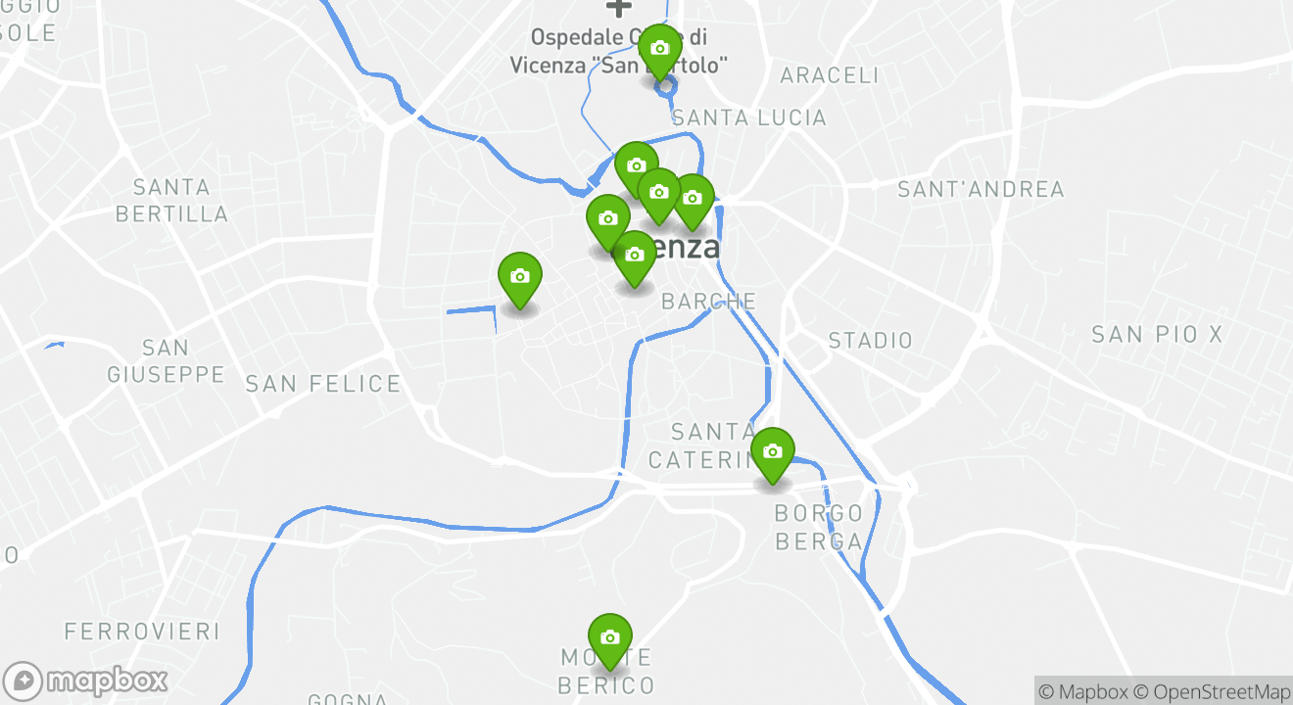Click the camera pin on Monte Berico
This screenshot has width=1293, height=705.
[609, 638]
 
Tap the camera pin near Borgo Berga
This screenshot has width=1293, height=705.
[772, 452]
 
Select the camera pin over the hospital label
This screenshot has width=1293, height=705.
[659, 49]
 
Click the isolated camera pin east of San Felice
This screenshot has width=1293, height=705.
[519, 277]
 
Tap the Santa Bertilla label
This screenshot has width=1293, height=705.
[171, 200]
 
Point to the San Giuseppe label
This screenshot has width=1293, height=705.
[166, 360]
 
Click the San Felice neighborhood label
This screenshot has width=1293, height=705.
[322, 384]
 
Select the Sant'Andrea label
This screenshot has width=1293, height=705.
[981, 189]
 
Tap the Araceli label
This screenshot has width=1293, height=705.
[830, 75]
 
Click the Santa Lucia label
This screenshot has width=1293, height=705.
[749, 117]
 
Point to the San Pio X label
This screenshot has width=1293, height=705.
[1157, 335]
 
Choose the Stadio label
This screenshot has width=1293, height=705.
[870, 341]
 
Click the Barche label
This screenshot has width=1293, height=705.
[708, 301]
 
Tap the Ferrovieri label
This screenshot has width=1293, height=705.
[142, 632]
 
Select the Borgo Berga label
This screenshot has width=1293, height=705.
[819, 527]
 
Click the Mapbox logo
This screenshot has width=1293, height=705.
[85, 681]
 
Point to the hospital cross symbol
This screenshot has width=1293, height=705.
[618, 7]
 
